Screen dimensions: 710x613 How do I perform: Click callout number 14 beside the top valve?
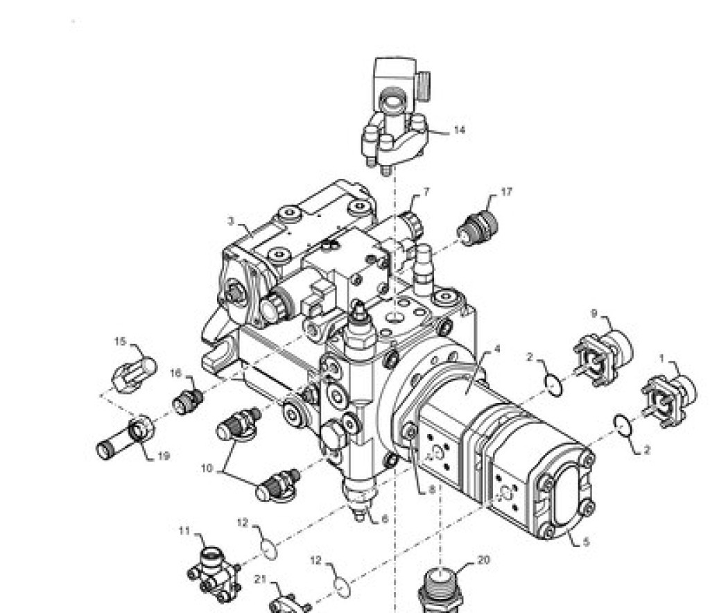pyautogui.click(x=459, y=130)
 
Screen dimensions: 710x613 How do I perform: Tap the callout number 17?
pyautogui.click(x=506, y=192)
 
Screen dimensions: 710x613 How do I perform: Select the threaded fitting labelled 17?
pyautogui.click(x=477, y=228)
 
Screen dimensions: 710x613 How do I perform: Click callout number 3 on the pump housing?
pyautogui.click(x=231, y=221)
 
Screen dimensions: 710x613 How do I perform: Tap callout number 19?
pyautogui.click(x=164, y=456)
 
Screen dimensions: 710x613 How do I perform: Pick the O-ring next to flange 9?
pyautogui.click(x=554, y=386)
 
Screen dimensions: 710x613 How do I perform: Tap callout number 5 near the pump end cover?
pyautogui.click(x=586, y=542)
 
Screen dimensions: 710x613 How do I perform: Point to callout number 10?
pyautogui.click(x=207, y=469)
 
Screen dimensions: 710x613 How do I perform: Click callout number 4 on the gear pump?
pyautogui.click(x=497, y=349)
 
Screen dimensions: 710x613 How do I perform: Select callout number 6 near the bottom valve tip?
pyautogui.click(x=385, y=519)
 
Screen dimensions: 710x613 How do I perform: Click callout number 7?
pyautogui.click(x=426, y=192)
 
